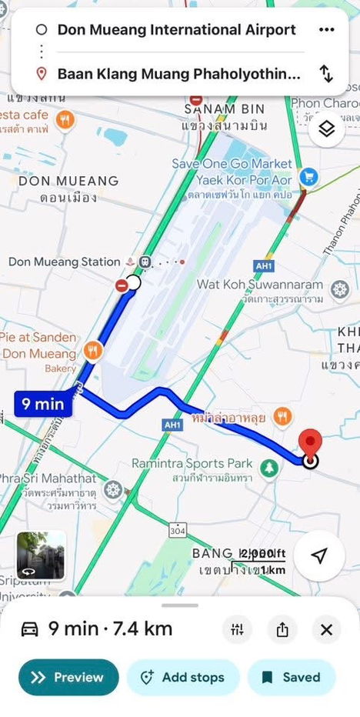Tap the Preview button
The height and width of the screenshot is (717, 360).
point(68,678)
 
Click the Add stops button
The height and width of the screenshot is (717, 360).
point(182,678)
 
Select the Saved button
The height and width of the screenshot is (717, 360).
point(291,678)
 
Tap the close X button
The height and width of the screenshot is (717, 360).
point(326,630)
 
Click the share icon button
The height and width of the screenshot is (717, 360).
point(282,630)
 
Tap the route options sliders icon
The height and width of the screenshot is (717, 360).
point(236,630)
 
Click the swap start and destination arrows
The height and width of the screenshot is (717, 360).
point(326,74)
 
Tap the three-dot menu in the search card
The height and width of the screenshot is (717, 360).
point(326,30)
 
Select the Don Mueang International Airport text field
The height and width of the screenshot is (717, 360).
point(176,30)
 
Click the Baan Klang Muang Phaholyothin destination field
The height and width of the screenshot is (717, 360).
point(178,74)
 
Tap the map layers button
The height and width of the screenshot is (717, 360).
point(327,128)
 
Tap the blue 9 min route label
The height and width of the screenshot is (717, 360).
point(42,404)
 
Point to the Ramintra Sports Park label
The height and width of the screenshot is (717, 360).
point(192,463)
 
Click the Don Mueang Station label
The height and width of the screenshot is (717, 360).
point(65,262)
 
